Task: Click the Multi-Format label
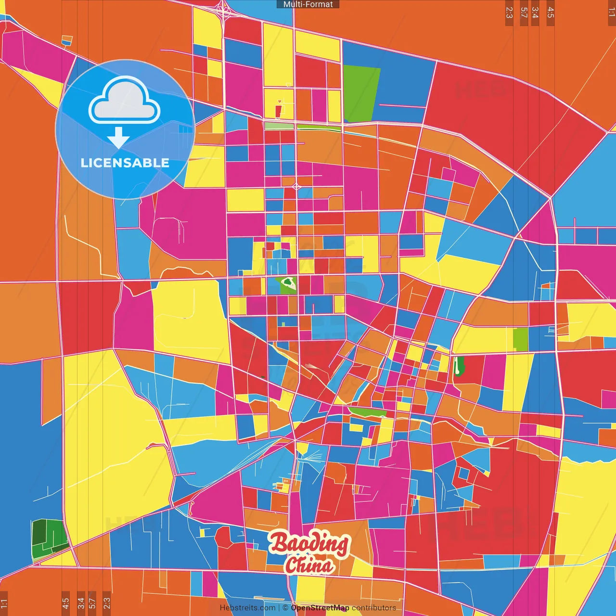(308, 4)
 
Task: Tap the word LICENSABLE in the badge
(125, 163)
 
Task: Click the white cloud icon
(125, 101)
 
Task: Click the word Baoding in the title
(309, 543)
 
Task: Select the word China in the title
(309, 565)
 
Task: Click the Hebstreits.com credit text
(247, 608)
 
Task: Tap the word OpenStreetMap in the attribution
(320, 608)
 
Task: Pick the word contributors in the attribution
(374, 608)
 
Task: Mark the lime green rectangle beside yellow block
(520, 339)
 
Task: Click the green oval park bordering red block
(459, 366)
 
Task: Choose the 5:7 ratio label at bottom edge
(92, 603)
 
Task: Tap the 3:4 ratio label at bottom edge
(81, 603)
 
